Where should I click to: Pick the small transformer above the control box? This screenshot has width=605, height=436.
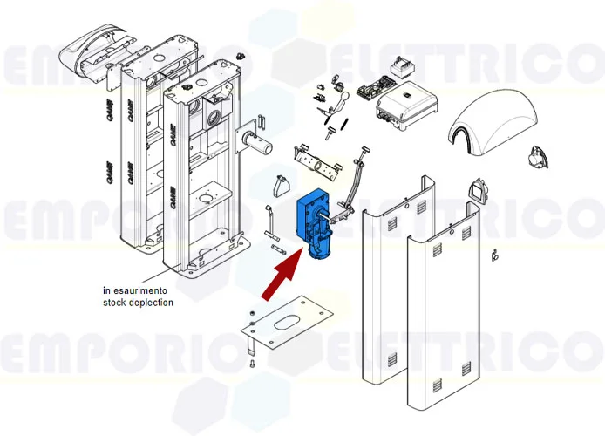402,68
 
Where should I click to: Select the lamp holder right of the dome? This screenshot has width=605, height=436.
535,158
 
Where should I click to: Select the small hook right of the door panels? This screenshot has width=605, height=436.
494,255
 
